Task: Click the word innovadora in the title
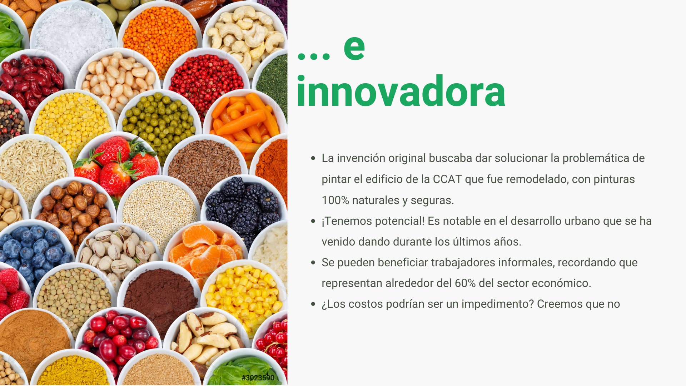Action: pyautogui.click(x=401, y=91)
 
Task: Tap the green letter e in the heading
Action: pyautogui.click(x=354, y=48)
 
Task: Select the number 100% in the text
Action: pyautogui.click(x=335, y=200)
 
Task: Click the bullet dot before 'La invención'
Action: pyautogui.click(x=313, y=158)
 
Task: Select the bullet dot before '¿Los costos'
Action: pyautogui.click(x=313, y=304)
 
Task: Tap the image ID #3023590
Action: pyautogui.click(x=258, y=378)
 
